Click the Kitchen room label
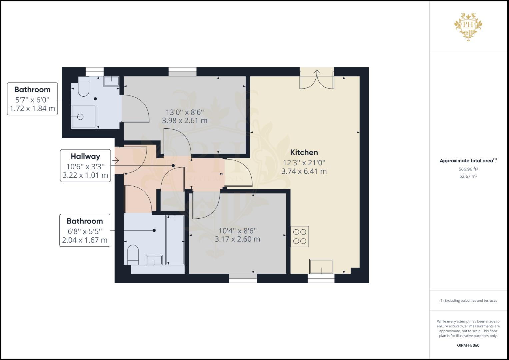(x=304, y=153)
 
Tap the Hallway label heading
(x=85, y=157)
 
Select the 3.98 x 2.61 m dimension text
(x=185, y=121)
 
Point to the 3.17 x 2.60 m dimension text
(x=237, y=239)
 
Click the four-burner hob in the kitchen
(x=300, y=236)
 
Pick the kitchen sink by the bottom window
(x=321, y=266)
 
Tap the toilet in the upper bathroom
(x=83, y=86)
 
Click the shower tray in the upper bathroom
(x=84, y=117)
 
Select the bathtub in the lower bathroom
(x=175, y=240)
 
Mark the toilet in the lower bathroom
(x=133, y=255)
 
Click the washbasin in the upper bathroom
(x=111, y=81)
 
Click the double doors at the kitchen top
(x=317, y=79)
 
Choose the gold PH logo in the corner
(x=468, y=27)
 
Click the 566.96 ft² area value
(x=468, y=169)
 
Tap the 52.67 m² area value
(x=468, y=176)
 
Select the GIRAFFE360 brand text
(x=468, y=345)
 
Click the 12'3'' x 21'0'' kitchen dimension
(x=304, y=163)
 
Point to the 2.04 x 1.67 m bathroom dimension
(x=85, y=240)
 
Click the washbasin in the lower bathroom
(x=154, y=260)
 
